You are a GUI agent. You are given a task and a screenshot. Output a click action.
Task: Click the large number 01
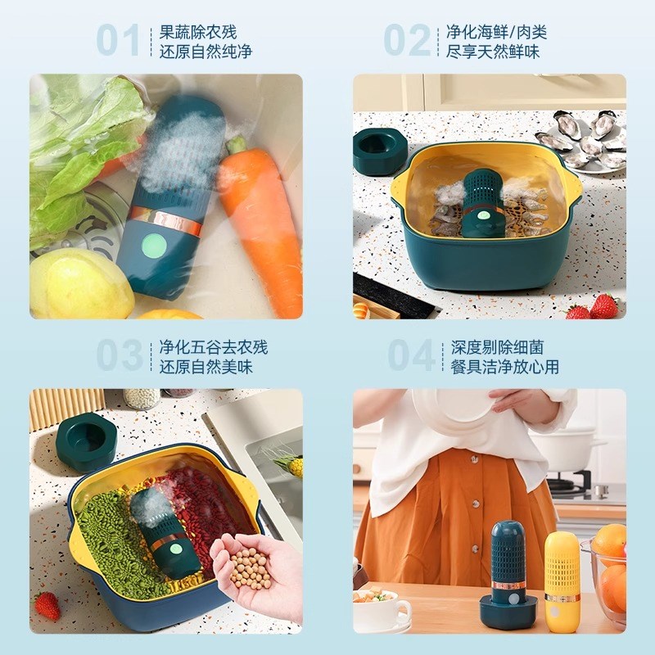coord(119,40)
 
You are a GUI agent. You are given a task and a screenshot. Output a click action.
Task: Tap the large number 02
coord(407,40)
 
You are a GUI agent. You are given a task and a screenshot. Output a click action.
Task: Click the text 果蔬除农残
coord(197,32)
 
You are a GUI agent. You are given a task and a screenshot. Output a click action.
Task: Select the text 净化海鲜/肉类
coord(496,32)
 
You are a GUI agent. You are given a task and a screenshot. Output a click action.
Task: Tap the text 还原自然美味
coord(206,367)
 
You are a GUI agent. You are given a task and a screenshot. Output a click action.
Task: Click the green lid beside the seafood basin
coord(379,151)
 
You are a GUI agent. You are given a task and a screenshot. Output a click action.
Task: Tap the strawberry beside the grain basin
coord(47,606)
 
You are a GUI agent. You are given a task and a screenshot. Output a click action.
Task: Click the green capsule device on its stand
coord(508,573)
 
